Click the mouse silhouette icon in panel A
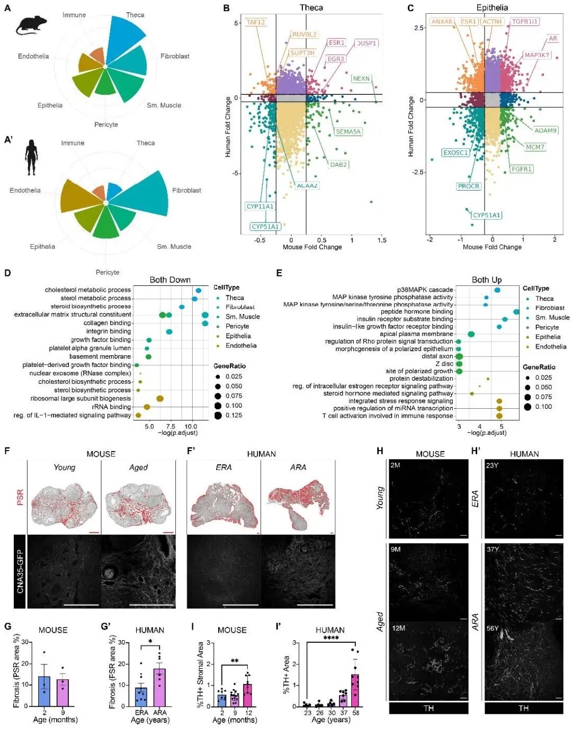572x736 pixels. click(31, 25)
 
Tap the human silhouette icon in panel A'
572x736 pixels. click(31, 157)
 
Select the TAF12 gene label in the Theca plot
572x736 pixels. click(255, 22)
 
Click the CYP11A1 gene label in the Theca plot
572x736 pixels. click(260, 207)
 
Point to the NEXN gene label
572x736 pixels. click(361, 79)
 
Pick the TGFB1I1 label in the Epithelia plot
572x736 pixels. click(525, 22)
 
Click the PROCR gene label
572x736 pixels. click(468, 186)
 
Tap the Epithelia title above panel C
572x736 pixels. click(491, 7)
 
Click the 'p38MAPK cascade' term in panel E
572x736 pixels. click(425, 290)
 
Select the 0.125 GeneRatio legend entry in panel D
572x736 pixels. click(228, 416)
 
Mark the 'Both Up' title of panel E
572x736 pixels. click(486, 280)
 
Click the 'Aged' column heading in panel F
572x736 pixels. click(138, 468)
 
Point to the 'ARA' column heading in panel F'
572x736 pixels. click(298, 468)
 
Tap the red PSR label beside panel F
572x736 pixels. click(20, 498)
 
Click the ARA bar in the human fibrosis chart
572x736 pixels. click(159, 687)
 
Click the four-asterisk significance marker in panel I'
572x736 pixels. click(330, 638)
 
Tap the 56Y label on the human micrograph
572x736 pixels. click(493, 628)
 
